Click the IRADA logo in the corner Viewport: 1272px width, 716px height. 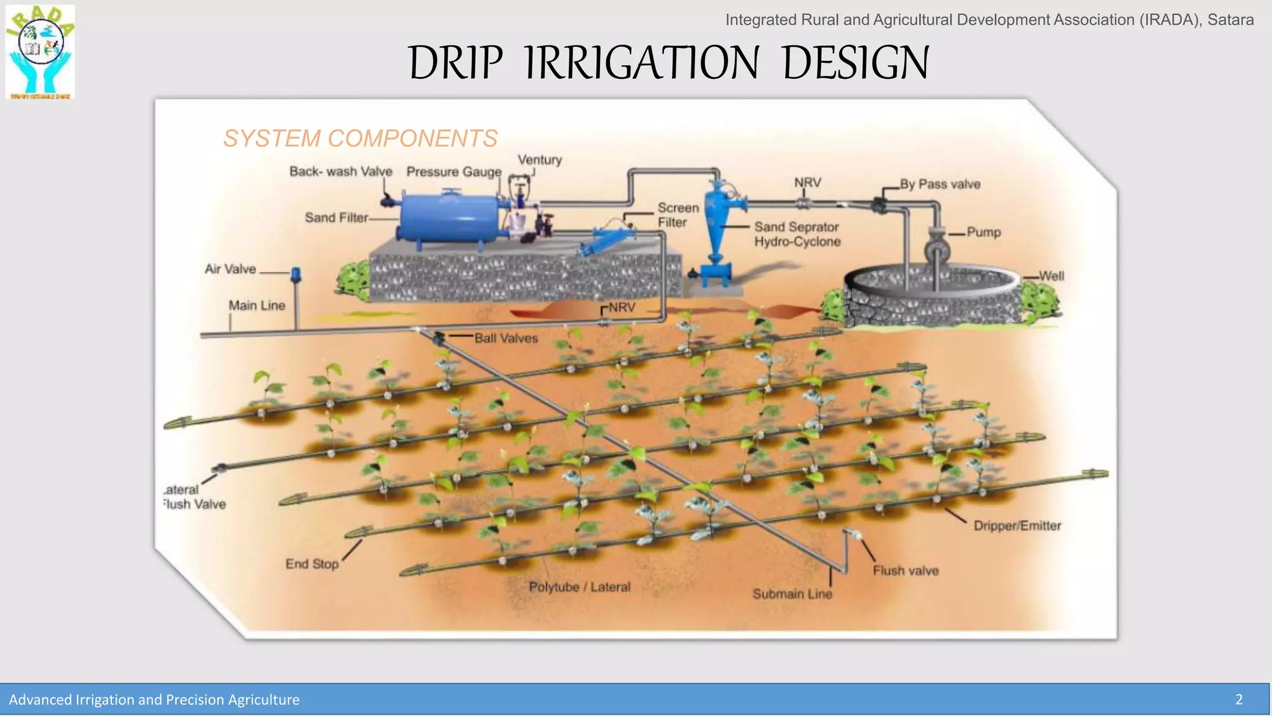40,52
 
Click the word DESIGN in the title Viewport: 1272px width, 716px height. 855,63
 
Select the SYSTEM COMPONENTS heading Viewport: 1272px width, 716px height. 360,138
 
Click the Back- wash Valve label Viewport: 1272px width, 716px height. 340,172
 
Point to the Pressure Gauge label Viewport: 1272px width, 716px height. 453,172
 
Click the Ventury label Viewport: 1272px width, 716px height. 539,160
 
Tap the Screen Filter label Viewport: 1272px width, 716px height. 678,215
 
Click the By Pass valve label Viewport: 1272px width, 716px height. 940,184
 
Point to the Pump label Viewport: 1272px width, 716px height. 983,232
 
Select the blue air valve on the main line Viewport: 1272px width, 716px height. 296,274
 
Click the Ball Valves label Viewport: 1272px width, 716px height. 506,338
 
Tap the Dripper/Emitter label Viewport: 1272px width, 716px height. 1017,526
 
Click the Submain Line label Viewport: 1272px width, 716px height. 792,594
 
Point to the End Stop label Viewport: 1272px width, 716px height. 312,564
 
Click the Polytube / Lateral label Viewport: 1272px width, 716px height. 579,587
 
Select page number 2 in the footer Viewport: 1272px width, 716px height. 1238,700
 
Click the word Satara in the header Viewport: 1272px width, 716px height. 1230,20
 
